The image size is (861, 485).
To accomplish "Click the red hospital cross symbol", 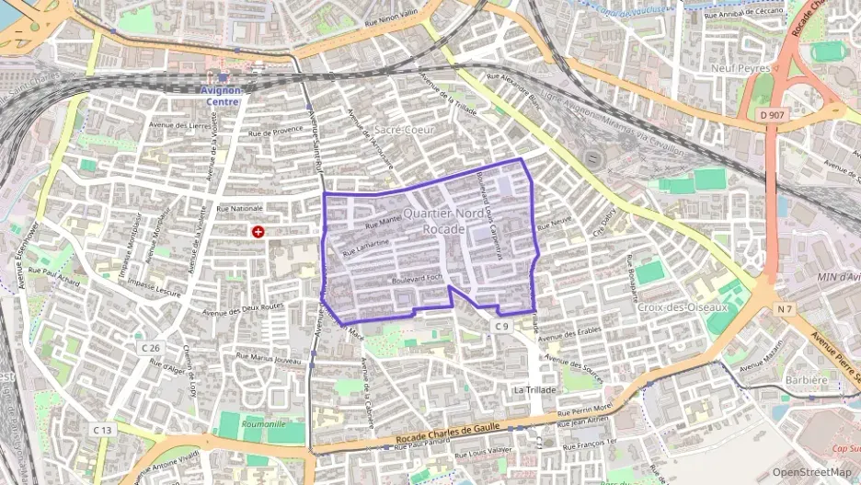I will pos(258,232).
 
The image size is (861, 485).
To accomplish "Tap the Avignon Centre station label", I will pos(220,96).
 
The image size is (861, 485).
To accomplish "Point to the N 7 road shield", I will pos(784,309).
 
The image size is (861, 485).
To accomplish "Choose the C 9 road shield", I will pos(500,326).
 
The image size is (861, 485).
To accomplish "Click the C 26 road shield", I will pos(151,348).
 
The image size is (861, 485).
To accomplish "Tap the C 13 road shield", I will pos(102,430).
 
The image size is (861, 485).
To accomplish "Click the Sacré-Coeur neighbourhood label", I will pos(404,131).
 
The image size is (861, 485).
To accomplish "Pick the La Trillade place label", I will pos(534,390).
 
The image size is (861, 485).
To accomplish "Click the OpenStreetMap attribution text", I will pos(811,472).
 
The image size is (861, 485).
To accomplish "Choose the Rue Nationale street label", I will pos(239,209).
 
